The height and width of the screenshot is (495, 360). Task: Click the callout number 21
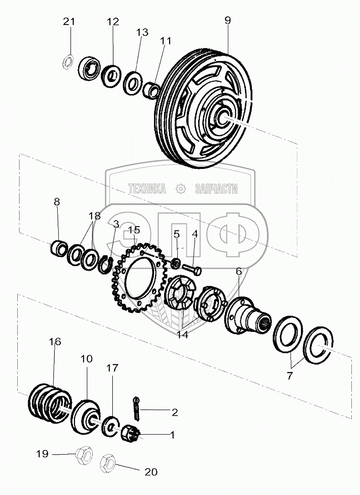pos(69,21)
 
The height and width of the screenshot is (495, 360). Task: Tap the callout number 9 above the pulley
pos(227,20)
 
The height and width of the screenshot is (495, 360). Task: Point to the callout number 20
pos(150,472)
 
